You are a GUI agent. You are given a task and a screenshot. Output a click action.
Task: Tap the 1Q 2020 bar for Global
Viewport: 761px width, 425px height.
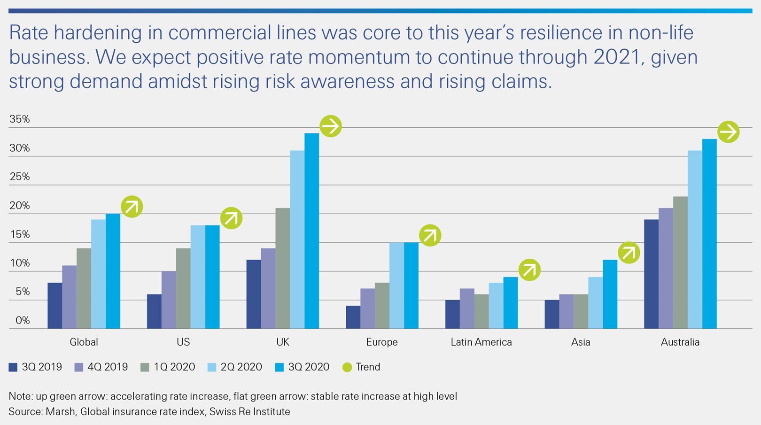coord(84,288)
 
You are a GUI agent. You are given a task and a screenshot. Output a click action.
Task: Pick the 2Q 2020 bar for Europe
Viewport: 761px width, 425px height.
coord(396,285)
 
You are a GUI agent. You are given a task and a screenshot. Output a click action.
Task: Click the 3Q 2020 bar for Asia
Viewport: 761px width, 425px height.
coord(610,294)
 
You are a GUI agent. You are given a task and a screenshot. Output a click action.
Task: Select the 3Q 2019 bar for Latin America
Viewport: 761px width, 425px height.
coord(452,314)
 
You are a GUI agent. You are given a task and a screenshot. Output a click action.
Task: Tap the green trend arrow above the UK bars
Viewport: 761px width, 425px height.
coord(331,126)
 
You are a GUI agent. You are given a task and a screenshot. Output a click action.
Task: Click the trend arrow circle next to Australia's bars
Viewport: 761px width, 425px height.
coord(728,132)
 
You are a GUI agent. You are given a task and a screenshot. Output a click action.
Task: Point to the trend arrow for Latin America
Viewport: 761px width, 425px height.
coord(529,270)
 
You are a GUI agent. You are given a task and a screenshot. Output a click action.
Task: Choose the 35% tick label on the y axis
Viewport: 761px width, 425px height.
coord(20,119)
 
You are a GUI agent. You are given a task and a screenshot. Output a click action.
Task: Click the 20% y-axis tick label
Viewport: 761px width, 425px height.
coord(20,206)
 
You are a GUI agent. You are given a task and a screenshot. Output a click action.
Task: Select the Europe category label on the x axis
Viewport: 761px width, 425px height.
coord(382,342)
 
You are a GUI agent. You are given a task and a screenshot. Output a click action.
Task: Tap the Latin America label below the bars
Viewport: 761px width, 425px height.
coord(481,342)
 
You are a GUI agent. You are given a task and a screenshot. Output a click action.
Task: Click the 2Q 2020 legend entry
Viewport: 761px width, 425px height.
coord(235,367)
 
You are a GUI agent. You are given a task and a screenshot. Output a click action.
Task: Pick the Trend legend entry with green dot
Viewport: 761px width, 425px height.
coord(362,367)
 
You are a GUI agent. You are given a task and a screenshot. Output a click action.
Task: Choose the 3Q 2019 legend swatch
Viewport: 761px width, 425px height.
coord(13,367)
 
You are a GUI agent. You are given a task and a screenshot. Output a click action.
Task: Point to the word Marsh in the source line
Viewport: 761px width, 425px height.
coord(60,412)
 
